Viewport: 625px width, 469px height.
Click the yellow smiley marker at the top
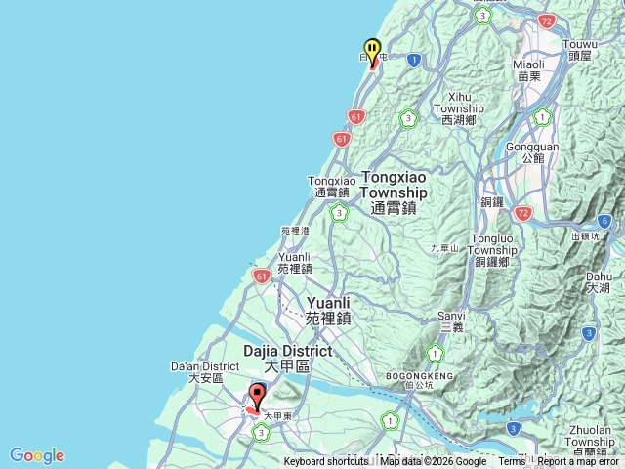coord(372,50)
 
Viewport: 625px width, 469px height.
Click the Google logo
coord(37,455)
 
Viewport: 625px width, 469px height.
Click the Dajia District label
coord(287,358)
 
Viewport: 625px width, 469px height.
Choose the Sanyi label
coord(451,321)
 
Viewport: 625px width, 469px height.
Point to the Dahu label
coord(599,282)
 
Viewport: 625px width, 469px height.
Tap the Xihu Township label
coord(458,114)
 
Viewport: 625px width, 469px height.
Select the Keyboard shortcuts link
coord(326,462)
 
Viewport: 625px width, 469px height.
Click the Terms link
coord(512,462)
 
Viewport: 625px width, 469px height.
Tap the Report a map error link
coord(579,462)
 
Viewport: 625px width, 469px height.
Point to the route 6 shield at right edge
coord(605,222)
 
